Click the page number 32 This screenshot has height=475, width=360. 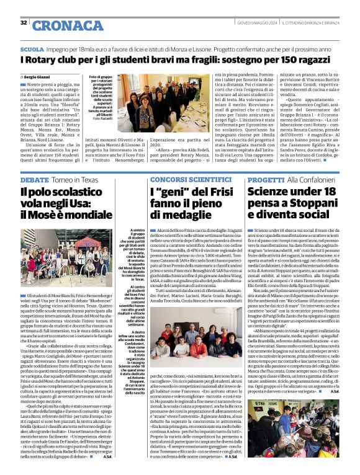tap(24, 22)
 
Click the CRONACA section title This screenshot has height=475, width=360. tap(60, 25)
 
